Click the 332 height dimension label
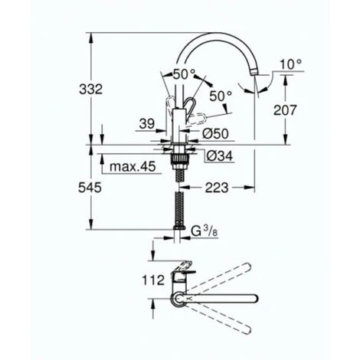pos(91,90)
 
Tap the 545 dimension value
pos(90,188)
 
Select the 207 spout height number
pos(285,110)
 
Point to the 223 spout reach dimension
pos(217,188)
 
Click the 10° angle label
pos(291,64)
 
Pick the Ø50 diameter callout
pos(215,133)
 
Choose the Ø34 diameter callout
pos(219,155)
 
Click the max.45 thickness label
pos(133,167)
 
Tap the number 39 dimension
pos(147,124)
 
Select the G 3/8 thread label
pos(204,231)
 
